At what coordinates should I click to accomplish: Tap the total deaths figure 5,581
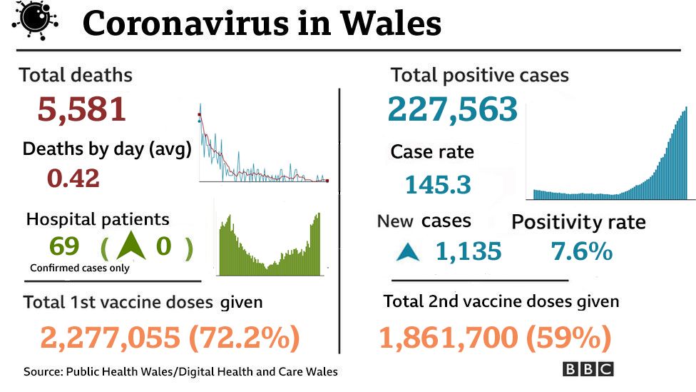(x=81, y=110)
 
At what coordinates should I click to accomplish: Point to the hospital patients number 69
(x=64, y=246)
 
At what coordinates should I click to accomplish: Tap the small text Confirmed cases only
(x=79, y=269)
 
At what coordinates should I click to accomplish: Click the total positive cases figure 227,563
(x=452, y=109)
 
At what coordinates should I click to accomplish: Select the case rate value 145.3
(x=438, y=186)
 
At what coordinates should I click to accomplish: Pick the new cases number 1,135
(x=469, y=251)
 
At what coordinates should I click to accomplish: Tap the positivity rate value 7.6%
(x=581, y=251)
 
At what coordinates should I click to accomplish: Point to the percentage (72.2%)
(x=244, y=338)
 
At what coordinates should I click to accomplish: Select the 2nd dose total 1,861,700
(x=448, y=338)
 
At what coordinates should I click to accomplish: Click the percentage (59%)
(x=568, y=338)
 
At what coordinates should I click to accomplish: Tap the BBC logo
(x=588, y=369)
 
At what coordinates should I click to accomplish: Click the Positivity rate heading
(x=578, y=222)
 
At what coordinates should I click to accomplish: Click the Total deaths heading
(x=76, y=74)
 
